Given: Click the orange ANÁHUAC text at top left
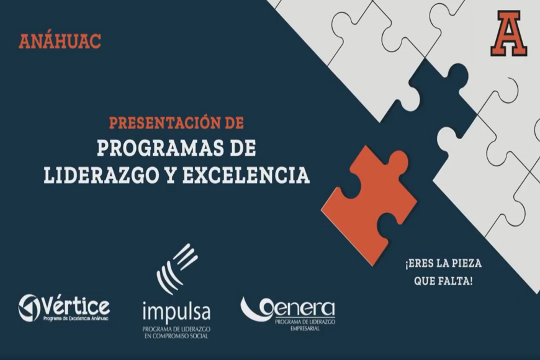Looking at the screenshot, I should pyautogui.click(x=60, y=42).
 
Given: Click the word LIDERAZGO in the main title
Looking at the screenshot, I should pyautogui.click(x=96, y=175).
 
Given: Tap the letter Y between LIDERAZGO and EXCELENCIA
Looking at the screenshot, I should pyautogui.click(x=170, y=175).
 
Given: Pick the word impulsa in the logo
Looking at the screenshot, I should pyautogui.click(x=176, y=310).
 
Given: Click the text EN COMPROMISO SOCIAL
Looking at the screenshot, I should pyautogui.click(x=176, y=336).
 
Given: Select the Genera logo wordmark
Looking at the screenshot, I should pyautogui.click(x=288, y=308).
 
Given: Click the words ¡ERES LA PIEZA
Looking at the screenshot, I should pyautogui.click(x=443, y=264).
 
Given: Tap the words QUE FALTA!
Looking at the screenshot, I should pyautogui.click(x=443, y=281).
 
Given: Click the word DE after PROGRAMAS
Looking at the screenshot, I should pyautogui.click(x=241, y=149).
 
